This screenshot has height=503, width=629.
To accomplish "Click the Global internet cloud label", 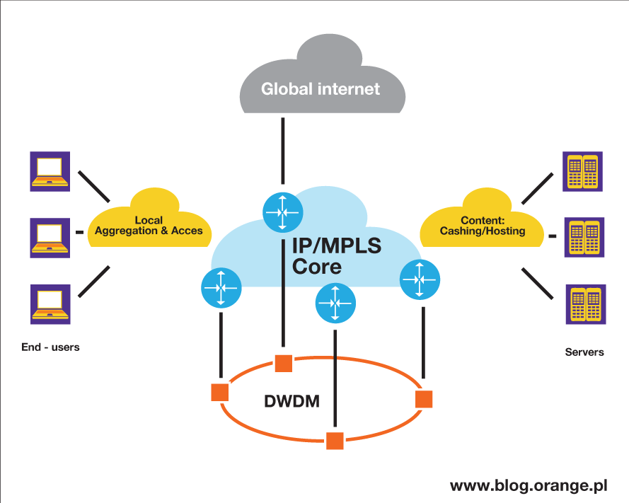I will click(321, 89).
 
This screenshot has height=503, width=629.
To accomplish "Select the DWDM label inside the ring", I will click(292, 401).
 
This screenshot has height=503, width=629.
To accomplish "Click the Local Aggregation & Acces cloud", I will click(149, 225).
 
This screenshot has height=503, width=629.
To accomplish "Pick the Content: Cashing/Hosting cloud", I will click(483, 225).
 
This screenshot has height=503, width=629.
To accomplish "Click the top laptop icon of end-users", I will click(50, 171).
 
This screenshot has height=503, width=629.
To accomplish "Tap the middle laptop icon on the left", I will click(50, 237).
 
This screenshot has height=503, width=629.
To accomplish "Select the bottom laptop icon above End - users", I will click(50, 303).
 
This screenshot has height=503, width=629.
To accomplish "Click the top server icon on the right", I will click(584, 171).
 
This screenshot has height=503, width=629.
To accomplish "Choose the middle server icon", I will click(584, 237).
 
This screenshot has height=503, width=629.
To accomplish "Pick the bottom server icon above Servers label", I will click(584, 303).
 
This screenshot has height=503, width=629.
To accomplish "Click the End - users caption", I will click(50, 347).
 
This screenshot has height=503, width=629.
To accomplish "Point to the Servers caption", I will click(584, 352).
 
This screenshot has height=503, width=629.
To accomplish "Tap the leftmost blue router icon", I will click(221, 288).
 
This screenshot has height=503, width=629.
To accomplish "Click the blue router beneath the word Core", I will click(335, 302).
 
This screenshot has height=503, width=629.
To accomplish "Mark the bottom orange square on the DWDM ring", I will click(335, 440).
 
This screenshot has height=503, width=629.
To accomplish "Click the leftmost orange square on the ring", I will click(220, 392).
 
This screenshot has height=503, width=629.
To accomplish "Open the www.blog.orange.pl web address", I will click(529, 486).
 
